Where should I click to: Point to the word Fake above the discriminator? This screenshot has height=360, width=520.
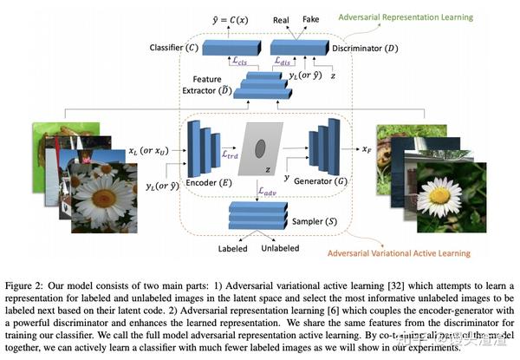(310, 18)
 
